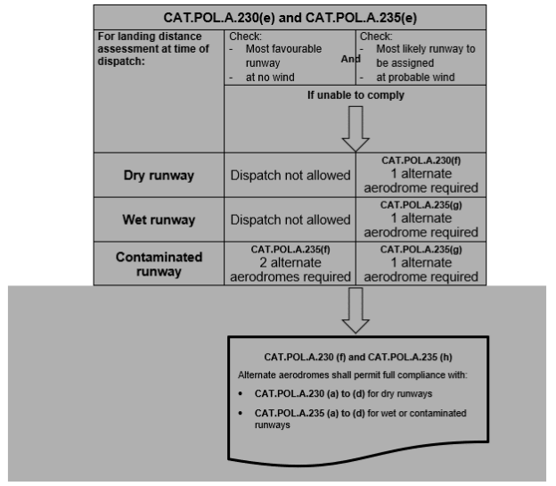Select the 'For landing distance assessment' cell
158,49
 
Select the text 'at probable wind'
415,78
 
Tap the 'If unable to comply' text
355,95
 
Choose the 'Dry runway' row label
158,175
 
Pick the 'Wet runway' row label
158,219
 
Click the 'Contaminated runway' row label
158,264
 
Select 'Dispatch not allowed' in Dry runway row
289,175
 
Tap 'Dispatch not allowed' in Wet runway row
289,219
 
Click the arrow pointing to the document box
355,308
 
